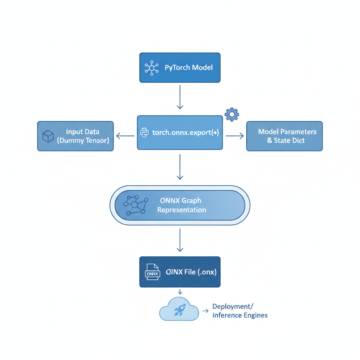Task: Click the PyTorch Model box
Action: pos(180,67)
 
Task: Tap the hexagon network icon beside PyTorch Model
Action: pos(152,67)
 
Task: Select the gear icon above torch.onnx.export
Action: pos(232,115)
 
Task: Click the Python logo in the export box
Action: pos(144,133)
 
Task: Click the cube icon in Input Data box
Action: pos(48,136)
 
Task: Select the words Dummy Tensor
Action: pos(83,140)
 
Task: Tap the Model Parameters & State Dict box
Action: pos(284,136)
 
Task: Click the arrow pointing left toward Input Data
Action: pos(125,136)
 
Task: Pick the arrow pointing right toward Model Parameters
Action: pos(234,136)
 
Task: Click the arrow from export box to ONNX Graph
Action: pos(180,167)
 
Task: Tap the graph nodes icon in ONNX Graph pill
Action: pos(134,205)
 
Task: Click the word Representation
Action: pos(181,210)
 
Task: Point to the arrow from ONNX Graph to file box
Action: pos(180,240)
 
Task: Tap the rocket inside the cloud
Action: pos(179,309)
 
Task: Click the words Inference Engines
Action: pos(240,315)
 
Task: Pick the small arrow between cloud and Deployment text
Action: pos(206,310)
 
